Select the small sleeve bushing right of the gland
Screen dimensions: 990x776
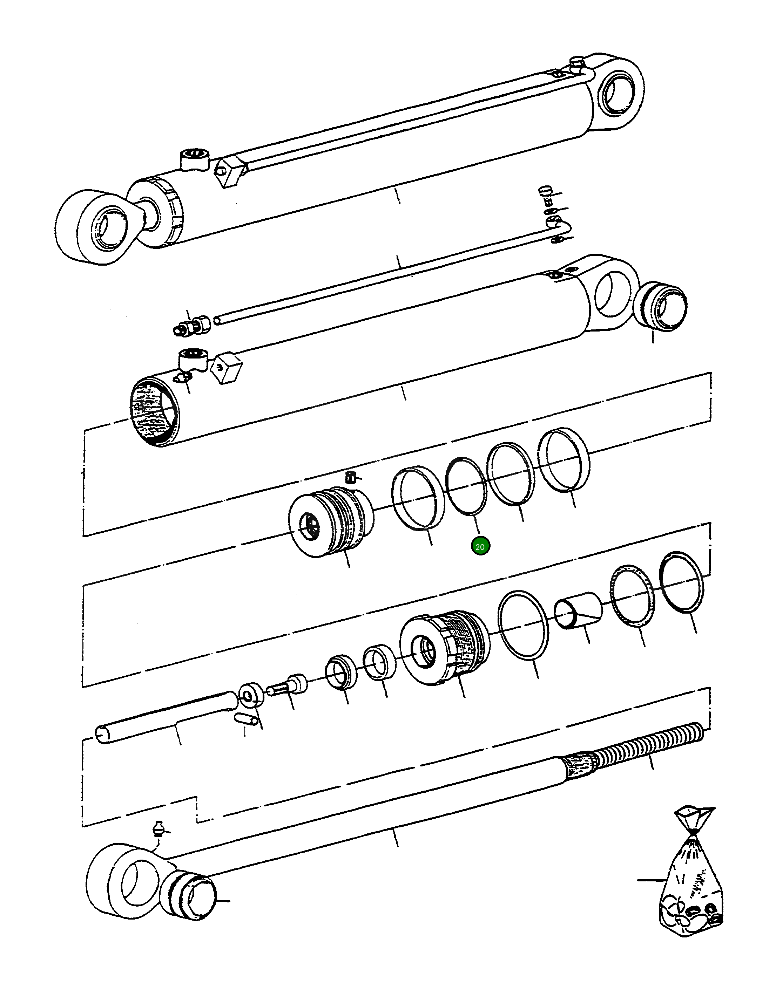[x=578, y=611]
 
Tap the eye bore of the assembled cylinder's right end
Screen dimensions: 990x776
[x=616, y=93]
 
